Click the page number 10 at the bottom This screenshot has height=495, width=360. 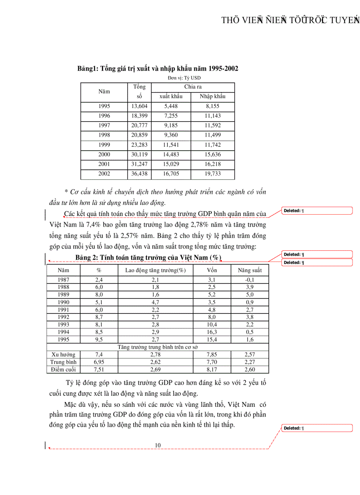pos(157,445)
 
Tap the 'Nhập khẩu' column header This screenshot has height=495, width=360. pos(213,97)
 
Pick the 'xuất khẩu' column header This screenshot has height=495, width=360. pos(170,97)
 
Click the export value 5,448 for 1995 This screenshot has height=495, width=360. pos(170,106)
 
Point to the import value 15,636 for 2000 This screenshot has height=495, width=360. pos(213,154)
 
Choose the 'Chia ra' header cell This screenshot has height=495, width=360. pos(193,87)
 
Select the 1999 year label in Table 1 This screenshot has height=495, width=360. pos(104,145)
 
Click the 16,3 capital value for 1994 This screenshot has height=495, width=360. pos(212,332)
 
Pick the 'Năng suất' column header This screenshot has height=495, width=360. pos(250,270)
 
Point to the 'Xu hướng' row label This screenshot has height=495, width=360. pos(63,354)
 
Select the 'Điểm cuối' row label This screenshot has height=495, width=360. pos(63,369)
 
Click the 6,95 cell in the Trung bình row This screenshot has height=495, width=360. pos(99,362)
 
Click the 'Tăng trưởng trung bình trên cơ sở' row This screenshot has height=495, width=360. pos(157,347)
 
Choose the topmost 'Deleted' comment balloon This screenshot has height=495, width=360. pos(317,211)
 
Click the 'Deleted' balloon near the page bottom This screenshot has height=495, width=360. pos(317,428)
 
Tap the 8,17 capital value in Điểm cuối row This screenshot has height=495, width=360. pos(212,369)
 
